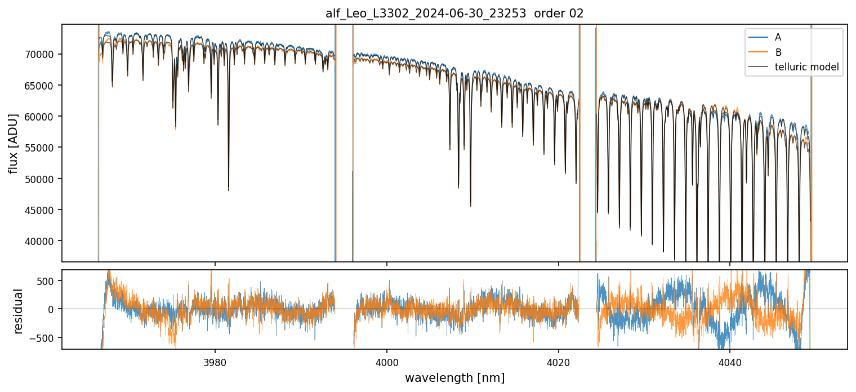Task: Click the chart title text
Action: (x=454, y=14)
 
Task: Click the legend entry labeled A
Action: (x=778, y=38)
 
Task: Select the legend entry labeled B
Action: (x=778, y=52)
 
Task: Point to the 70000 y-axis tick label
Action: (x=44, y=54)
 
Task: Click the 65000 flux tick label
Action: (x=44, y=86)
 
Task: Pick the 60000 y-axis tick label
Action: (x=44, y=117)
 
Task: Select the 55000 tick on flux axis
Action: (x=44, y=148)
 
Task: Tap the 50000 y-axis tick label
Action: (x=44, y=179)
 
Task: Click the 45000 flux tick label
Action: (x=44, y=210)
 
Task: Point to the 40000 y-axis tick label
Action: (x=44, y=241)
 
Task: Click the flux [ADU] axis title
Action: (x=14, y=143)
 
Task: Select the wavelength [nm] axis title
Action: (x=454, y=377)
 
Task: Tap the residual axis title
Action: (x=19, y=310)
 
